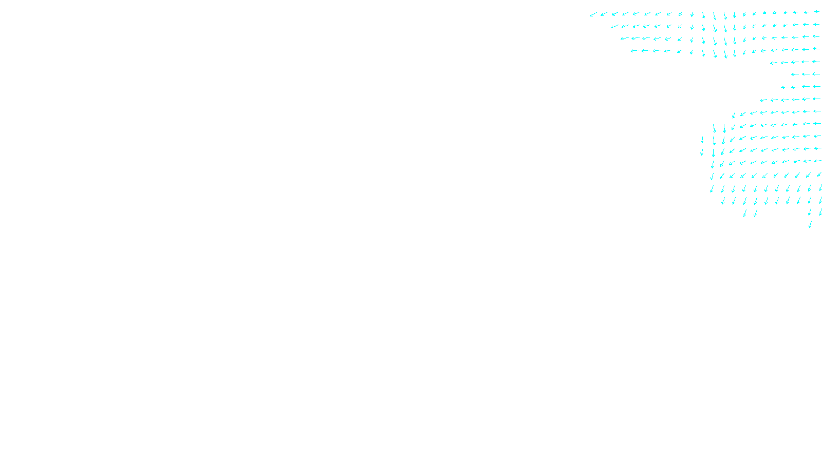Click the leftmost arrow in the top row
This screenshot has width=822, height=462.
tap(593, 14)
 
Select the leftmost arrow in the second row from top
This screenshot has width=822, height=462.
tap(614, 27)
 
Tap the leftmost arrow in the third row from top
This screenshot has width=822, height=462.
tap(625, 38)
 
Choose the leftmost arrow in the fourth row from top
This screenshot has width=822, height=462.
tap(634, 51)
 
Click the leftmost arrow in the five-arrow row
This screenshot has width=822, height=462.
tap(774, 63)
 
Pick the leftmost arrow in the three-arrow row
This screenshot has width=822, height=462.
tap(795, 75)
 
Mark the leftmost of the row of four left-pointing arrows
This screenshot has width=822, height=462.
tap(784, 87)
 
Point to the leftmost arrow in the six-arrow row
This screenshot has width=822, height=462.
tap(763, 100)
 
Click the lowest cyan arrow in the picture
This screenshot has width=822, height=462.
tap(810, 224)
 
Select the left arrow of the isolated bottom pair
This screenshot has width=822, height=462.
tap(744, 213)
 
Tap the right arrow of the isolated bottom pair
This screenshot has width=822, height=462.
tap(755, 213)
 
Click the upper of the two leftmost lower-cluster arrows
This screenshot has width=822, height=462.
tap(702, 140)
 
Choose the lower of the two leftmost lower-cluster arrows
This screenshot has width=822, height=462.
tap(702, 152)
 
